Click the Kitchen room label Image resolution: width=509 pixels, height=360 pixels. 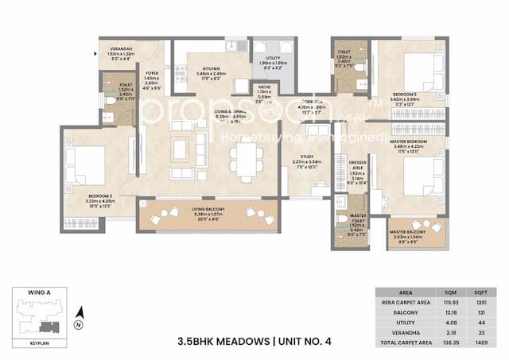click(193, 70)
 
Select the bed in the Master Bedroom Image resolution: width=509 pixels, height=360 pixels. click(416, 176)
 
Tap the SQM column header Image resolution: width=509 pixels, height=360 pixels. click(452, 292)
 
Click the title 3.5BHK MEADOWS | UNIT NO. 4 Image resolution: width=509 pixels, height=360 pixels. click(255, 341)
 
